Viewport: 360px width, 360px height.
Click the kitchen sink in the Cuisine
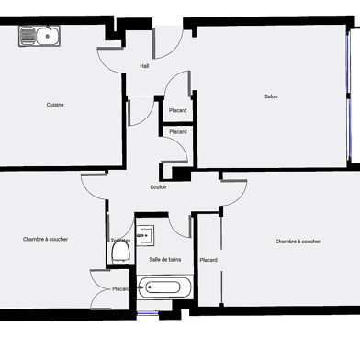click(39, 38)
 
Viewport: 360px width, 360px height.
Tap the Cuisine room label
click(55, 105)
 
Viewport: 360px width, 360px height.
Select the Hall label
click(144, 66)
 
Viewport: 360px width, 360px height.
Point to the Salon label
click(271, 96)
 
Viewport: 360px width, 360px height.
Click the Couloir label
click(158, 186)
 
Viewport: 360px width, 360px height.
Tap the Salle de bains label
click(165, 260)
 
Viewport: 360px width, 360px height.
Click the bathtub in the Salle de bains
click(165, 288)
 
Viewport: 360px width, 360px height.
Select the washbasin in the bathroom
click(145, 235)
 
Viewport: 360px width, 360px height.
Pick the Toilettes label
click(119, 241)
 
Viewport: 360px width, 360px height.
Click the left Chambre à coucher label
click(45, 239)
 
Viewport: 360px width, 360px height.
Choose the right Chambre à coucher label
click(298, 242)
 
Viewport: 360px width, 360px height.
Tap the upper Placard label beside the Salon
click(177, 111)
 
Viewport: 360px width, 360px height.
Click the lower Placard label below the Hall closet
click(177, 132)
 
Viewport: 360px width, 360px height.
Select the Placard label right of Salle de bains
click(208, 260)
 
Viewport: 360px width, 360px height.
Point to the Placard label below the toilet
click(121, 289)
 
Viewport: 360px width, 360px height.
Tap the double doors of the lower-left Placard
click(98, 288)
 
